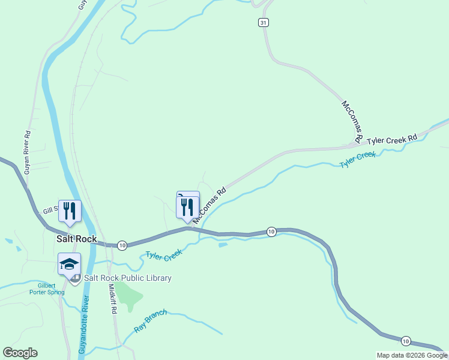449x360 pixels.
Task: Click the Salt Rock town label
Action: pos(76,238)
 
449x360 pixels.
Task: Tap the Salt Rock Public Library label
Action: pos(128,278)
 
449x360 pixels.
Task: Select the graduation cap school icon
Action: pos(69,263)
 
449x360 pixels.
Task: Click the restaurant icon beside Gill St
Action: pos(69,211)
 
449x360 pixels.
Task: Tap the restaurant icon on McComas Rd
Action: pos(188,208)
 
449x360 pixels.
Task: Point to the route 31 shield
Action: pos(264,22)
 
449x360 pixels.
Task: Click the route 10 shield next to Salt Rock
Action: pos(122,245)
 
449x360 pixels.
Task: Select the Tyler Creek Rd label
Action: pos(392,139)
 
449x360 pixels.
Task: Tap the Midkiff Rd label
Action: pos(112,299)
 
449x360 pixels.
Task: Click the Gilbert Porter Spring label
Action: pos(46,289)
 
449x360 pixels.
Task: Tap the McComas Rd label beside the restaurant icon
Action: pos(209,205)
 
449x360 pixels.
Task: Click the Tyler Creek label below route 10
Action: pos(163,255)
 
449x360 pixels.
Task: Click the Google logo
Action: pos(20,353)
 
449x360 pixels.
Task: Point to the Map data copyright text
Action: pos(411,355)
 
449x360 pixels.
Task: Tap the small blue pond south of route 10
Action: pos(223,245)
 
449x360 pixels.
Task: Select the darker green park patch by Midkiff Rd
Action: pos(128,293)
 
